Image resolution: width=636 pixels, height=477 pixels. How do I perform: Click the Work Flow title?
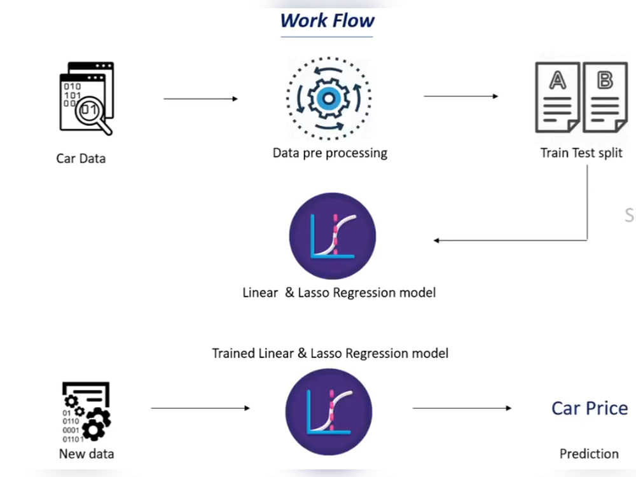click(328, 21)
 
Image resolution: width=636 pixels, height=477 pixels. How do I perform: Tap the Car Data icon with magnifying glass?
click(86, 98)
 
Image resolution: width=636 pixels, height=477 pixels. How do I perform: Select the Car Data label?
click(81, 158)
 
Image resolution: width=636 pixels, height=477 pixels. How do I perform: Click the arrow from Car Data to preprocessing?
click(200, 99)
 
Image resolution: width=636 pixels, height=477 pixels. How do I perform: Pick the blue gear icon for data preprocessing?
click(329, 99)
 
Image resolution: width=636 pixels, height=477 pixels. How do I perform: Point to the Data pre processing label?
click(329, 153)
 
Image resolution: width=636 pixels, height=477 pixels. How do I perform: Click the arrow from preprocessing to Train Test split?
click(460, 96)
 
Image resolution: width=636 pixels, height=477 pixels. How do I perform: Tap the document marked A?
click(558, 97)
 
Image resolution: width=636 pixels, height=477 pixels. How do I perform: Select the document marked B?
click(605, 97)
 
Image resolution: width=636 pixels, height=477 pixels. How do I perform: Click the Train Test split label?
click(581, 153)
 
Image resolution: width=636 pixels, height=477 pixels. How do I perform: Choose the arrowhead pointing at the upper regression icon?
click(436, 240)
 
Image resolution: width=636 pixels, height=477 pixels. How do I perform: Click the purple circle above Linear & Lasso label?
click(333, 236)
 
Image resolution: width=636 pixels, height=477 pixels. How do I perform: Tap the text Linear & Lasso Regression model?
click(339, 293)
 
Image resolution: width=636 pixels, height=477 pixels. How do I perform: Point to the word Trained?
click(233, 353)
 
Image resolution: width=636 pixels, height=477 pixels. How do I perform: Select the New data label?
click(86, 453)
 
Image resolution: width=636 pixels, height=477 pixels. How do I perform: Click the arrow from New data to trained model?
click(200, 408)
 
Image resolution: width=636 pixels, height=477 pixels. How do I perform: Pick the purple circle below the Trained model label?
click(329, 411)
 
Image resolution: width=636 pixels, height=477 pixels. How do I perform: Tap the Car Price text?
click(590, 408)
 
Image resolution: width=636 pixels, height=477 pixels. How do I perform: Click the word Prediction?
click(589, 453)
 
